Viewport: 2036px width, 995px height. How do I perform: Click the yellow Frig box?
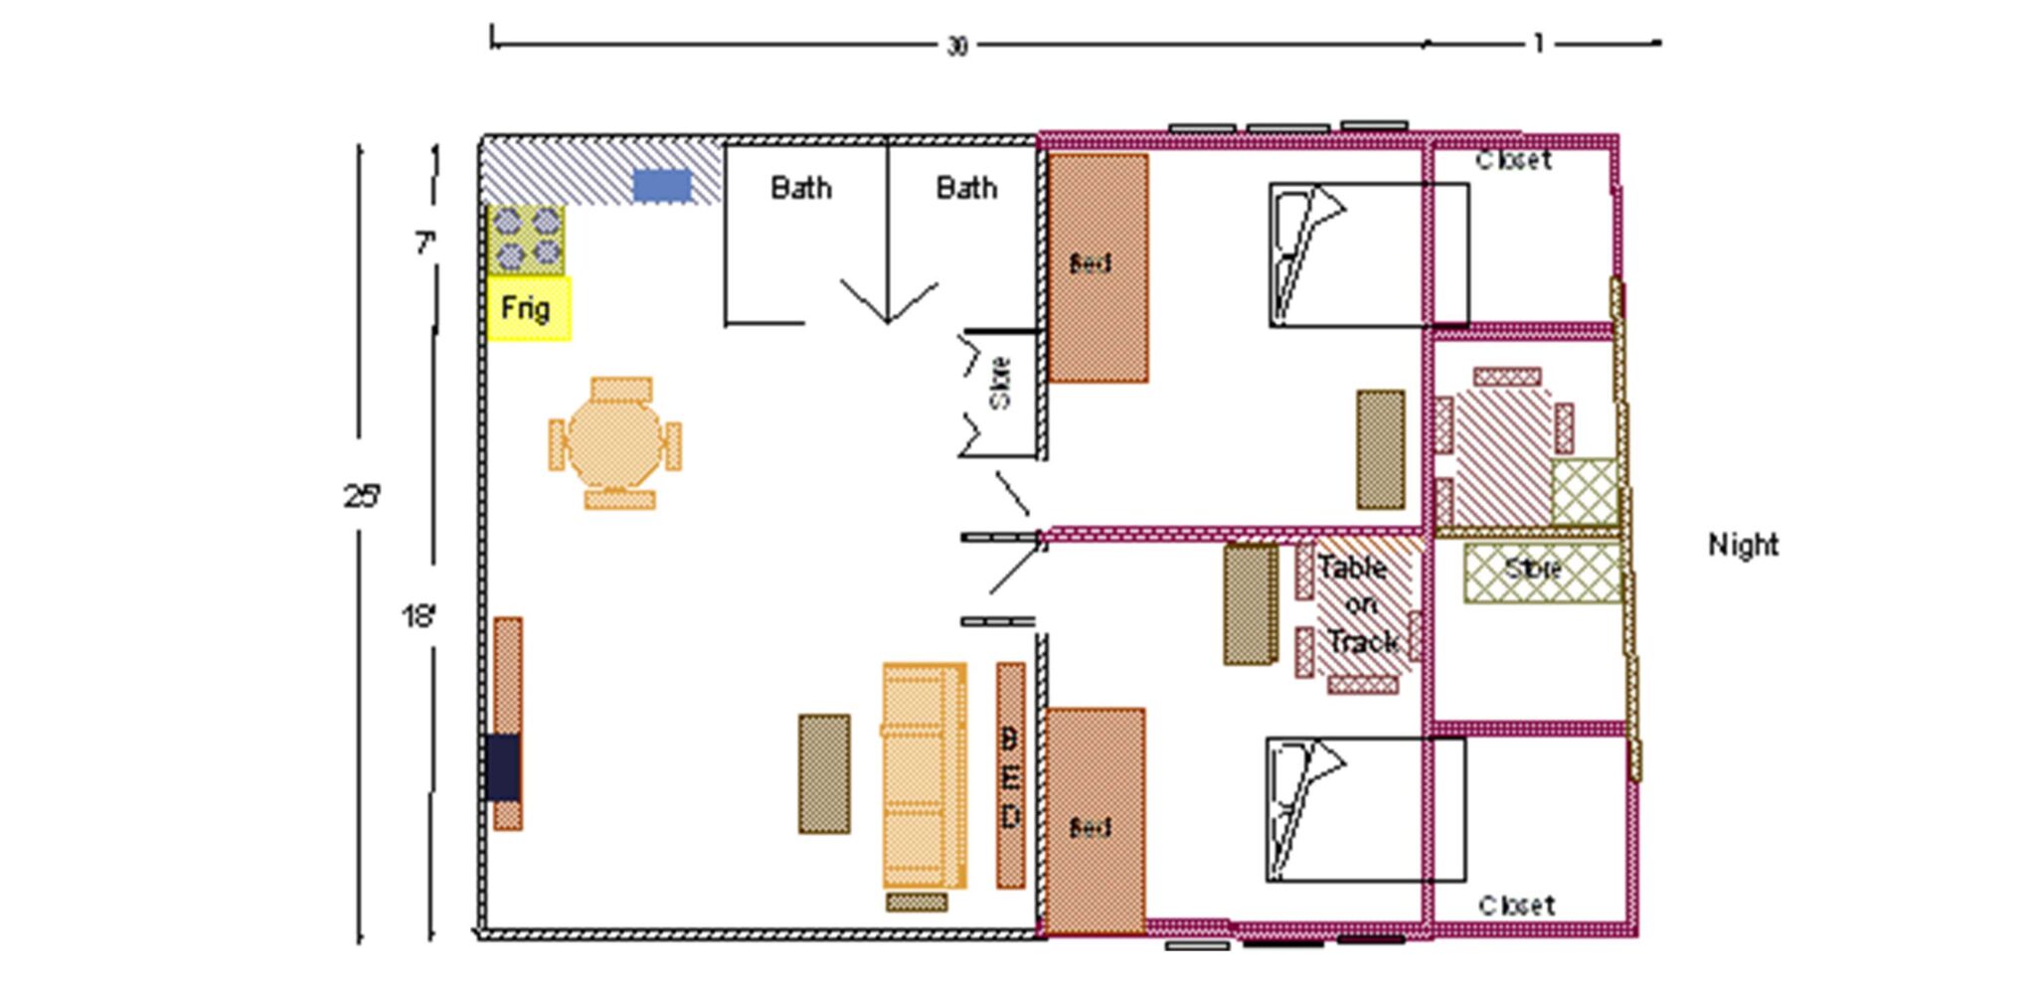coord(528,308)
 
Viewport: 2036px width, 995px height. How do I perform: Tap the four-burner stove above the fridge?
coord(526,240)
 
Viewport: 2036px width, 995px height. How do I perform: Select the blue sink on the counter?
coord(662,186)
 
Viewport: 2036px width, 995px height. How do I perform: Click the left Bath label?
coord(801,188)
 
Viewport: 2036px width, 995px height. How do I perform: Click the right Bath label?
coord(966,188)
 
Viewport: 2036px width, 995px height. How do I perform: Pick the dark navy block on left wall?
coord(503,767)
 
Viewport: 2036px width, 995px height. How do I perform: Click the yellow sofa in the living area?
coord(925,775)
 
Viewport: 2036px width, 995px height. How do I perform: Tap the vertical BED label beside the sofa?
coord(1010,776)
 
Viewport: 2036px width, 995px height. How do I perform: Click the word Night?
coord(1743,545)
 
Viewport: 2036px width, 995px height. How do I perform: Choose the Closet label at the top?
coord(1513,160)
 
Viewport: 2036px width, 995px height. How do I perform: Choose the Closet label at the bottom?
coord(1516,906)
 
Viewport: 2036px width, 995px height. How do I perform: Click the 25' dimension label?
coord(362,496)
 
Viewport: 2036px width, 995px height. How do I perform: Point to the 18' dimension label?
coord(420,617)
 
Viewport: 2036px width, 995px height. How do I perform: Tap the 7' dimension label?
coord(425,243)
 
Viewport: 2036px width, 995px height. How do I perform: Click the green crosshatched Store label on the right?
coord(1533,570)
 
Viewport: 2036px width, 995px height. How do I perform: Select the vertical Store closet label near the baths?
coord(1000,383)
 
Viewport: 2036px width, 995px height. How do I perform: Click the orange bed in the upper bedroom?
coord(1098,266)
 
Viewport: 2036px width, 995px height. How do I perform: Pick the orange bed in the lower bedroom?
coord(1094,822)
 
